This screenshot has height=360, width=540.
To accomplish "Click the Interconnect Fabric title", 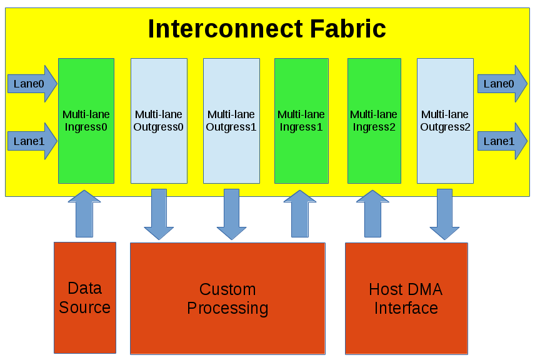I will tap(267, 29).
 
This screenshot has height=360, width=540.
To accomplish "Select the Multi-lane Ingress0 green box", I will tap(86, 121).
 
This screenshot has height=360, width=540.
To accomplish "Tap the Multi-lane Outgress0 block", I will tap(159, 121).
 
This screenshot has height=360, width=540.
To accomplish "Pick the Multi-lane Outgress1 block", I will tap(231, 121).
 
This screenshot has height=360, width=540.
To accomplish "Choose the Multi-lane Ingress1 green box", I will tap(301, 121).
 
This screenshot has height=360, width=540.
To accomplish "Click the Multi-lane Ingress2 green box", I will tap(374, 121).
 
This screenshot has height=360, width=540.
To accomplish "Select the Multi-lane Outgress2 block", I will tap(445, 121).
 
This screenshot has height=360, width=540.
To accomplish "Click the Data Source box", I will tap(85, 297).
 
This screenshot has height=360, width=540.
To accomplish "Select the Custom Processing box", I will tap(227, 299).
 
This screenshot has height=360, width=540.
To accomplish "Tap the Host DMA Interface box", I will tap(406, 299).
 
